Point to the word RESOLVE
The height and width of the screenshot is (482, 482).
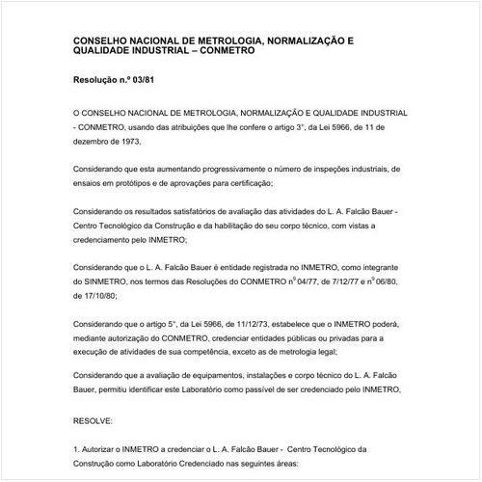pyautogui.click(x=94, y=422)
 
